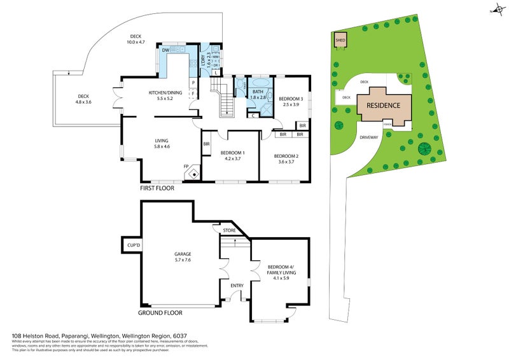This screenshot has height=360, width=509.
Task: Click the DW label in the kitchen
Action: click(x=165, y=50)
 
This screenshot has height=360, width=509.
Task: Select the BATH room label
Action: click(x=258, y=92)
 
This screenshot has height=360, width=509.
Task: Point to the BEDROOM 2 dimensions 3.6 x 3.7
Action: click(x=286, y=162)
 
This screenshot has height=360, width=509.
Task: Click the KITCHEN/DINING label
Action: click(x=165, y=93)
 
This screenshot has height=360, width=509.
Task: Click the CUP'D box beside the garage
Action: click(x=133, y=244)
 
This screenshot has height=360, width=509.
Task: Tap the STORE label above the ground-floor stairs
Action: click(x=228, y=230)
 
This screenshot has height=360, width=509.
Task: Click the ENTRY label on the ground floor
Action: click(x=237, y=286)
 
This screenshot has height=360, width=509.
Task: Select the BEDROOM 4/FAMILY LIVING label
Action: click(x=281, y=270)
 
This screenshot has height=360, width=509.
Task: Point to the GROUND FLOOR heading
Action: click(x=160, y=313)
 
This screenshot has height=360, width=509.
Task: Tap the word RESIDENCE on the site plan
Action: click(x=383, y=106)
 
